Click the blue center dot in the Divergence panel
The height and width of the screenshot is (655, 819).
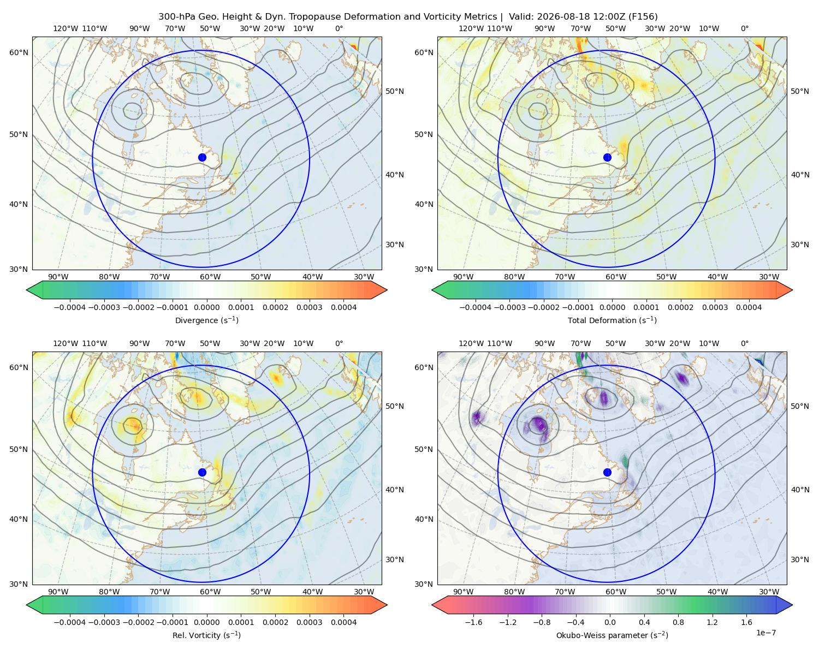(202, 158)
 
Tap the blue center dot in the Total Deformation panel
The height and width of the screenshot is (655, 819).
(607, 158)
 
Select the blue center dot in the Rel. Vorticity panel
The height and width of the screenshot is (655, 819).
(202, 472)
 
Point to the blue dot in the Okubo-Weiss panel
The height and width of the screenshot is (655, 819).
(607, 472)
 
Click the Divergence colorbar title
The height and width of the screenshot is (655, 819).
(206, 320)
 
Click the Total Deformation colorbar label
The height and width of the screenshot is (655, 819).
(612, 320)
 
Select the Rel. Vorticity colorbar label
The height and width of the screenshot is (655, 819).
(206, 635)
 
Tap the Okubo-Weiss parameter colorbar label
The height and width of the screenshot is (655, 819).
(612, 635)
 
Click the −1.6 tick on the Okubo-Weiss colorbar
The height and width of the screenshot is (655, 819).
(473, 622)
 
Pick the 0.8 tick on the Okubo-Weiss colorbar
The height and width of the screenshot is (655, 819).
(678, 622)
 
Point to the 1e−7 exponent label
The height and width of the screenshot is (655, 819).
(765, 633)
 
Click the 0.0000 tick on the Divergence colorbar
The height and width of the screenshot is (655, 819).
(206, 307)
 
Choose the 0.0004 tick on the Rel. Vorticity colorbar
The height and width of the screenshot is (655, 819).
(343, 622)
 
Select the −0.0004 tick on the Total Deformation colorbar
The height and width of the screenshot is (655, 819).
(476, 307)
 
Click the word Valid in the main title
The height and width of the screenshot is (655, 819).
(519, 17)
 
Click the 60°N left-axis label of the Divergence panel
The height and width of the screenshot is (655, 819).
(19, 52)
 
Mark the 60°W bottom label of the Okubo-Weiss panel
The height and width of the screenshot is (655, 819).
(615, 592)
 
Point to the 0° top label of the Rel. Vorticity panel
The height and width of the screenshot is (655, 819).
(339, 343)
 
